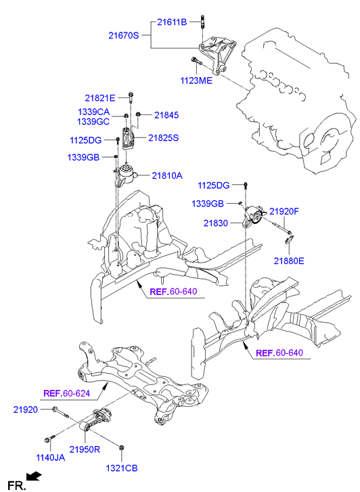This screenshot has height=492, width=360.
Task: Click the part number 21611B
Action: tap(172, 22)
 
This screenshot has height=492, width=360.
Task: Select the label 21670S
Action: tap(123, 35)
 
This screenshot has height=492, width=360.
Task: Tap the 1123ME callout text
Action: tap(196, 81)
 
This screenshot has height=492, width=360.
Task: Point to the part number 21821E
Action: tap(99, 98)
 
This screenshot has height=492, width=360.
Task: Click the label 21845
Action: tap(166, 115)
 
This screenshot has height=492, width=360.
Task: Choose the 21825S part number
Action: tap(163, 138)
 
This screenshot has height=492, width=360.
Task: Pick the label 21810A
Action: tap(167, 176)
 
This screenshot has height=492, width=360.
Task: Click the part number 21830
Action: tap(216, 223)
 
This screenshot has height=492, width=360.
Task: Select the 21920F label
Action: tap(284, 211)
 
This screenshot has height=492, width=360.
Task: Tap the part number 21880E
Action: tap(289, 261)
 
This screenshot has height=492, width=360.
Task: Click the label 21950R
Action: tap(85, 449)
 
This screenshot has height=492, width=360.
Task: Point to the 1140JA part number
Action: tap(51, 457)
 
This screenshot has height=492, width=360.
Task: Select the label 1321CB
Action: tap(122, 468)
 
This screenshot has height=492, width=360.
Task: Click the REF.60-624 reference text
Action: tap(66, 393)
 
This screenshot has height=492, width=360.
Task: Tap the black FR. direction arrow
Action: tap(34, 476)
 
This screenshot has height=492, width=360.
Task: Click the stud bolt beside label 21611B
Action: tap(202, 22)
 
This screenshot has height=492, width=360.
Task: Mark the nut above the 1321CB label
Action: tap(122, 447)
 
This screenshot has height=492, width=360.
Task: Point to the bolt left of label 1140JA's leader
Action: tap(50, 439)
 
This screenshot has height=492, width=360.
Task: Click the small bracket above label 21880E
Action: tap(290, 240)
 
